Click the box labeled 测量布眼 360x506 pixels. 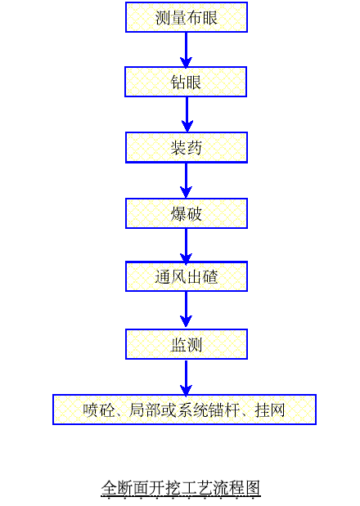tap(187, 17)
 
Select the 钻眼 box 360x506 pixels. tap(186, 82)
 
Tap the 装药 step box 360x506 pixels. tap(187, 147)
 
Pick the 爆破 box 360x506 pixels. tap(187, 213)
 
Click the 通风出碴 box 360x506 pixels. tap(187, 276)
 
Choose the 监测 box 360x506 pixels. tap(187, 344)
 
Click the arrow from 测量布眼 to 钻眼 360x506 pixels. tap(186, 50)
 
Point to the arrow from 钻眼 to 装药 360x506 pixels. tap(187, 114)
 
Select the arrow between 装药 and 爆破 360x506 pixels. tap(186, 181)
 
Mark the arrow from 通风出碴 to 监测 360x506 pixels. tap(186, 310)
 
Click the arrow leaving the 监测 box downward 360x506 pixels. tap(186, 378)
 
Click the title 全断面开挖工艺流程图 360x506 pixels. tap(181, 487)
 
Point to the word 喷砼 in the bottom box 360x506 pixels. tap(98, 410)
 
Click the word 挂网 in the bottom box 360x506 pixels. tap(270, 410)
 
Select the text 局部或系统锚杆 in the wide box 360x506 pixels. tap(184, 410)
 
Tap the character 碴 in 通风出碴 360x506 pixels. tap(210, 277)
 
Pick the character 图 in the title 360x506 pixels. tap(253, 487)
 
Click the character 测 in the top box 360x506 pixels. tap(163, 17)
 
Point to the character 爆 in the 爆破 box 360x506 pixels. tap(178, 213)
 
